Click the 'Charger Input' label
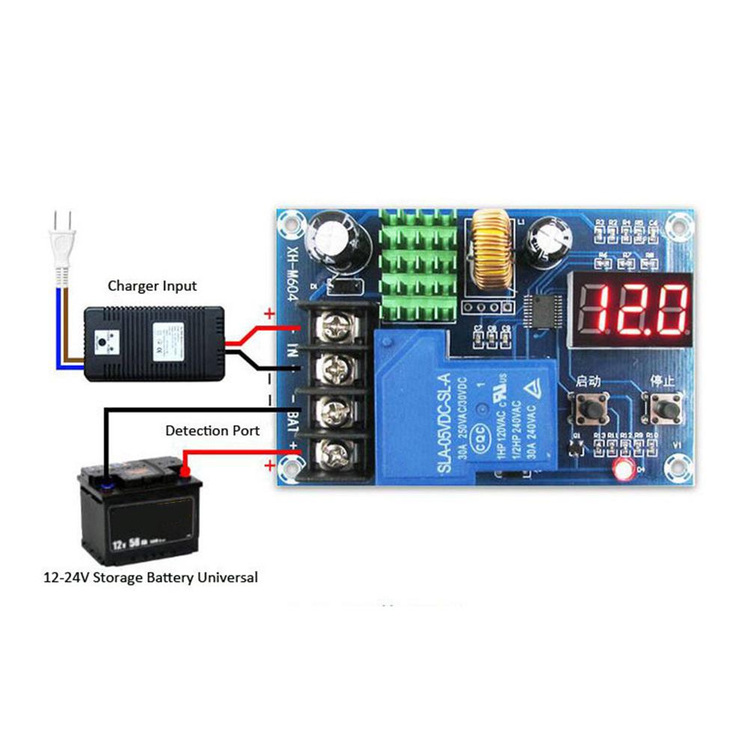(x=152, y=285)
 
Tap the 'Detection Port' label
(x=213, y=430)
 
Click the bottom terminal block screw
(x=333, y=453)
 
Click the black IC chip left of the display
(x=542, y=313)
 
